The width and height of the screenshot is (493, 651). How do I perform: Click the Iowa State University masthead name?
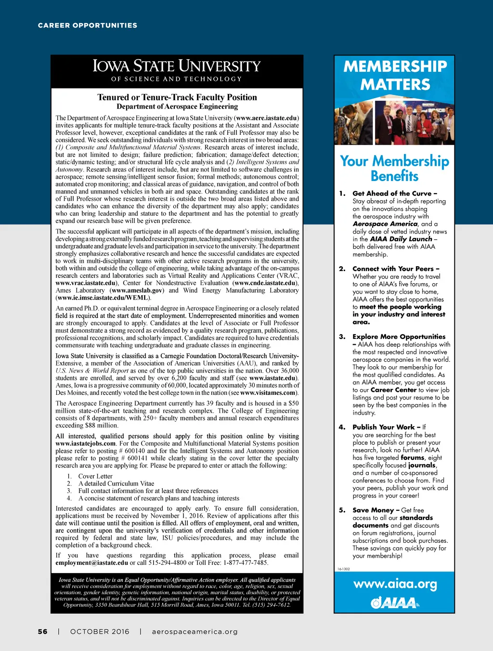(x=177, y=65)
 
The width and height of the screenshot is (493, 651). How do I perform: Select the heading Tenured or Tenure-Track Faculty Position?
(x=177, y=97)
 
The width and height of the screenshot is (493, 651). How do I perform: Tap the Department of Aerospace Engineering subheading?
(x=177, y=106)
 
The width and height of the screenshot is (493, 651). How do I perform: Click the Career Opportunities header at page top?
(x=88, y=25)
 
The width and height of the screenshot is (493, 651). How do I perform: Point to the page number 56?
(x=43, y=631)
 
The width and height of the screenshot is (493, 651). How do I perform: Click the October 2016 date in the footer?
(x=100, y=631)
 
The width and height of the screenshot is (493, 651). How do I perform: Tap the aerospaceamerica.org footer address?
(x=195, y=631)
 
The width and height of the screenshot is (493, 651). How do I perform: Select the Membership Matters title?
(x=395, y=75)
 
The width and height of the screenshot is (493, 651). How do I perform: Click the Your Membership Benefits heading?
(x=394, y=168)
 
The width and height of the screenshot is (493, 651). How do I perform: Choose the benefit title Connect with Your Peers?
(x=395, y=269)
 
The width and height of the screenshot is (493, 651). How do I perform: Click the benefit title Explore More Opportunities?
(x=399, y=337)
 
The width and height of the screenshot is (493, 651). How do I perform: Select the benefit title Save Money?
(x=376, y=510)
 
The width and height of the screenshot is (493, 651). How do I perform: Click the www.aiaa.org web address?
(x=395, y=585)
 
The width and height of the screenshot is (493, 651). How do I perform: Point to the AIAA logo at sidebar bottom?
(x=395, y=602)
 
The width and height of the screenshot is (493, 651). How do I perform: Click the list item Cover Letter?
(x=95, y=476)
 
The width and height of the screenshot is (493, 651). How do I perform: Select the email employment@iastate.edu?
(x=91, y=562)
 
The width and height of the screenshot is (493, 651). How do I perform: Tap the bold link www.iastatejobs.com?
(x=86, y=443)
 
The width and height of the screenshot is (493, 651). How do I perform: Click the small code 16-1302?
(x=343, y=569)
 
